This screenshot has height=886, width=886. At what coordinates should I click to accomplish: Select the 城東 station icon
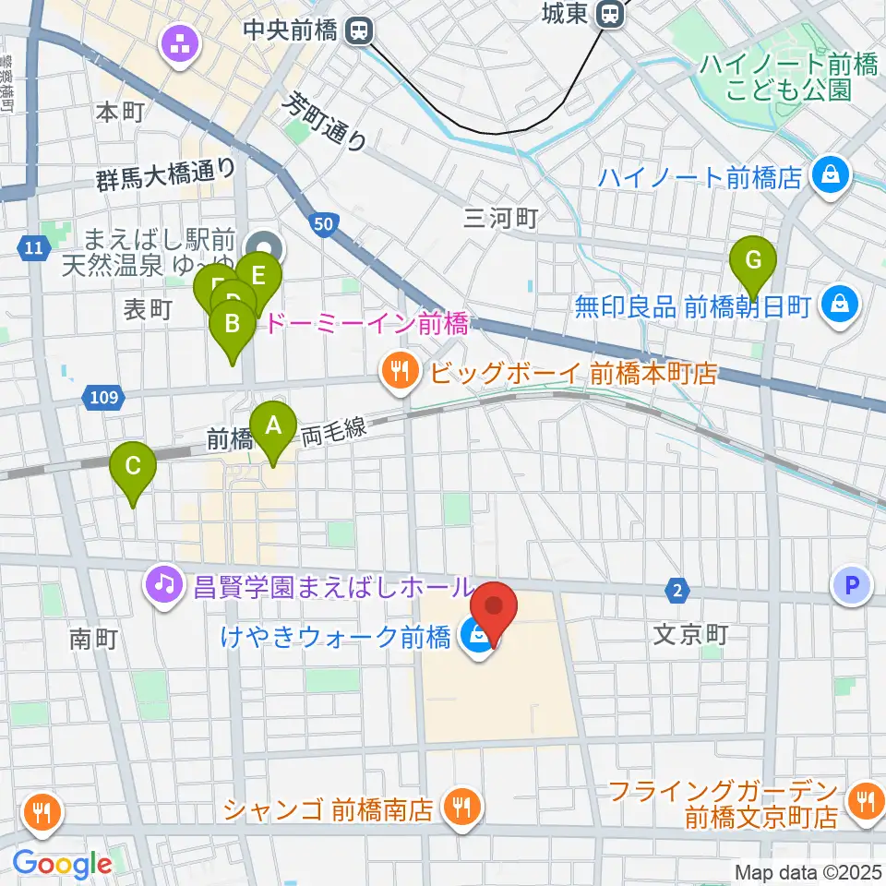coord(609,14)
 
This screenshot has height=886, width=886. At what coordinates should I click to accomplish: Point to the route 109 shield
coord(104,398)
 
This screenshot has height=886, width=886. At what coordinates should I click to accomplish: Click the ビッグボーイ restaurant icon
coord(400,372)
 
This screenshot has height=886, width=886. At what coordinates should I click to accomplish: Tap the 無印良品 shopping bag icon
coord(840,303)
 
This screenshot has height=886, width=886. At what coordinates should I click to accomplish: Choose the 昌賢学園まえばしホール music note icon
coord(163,584)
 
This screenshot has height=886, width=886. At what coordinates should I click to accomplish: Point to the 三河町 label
coord(500,218)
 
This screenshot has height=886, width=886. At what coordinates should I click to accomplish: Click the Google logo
coord(63,863)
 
